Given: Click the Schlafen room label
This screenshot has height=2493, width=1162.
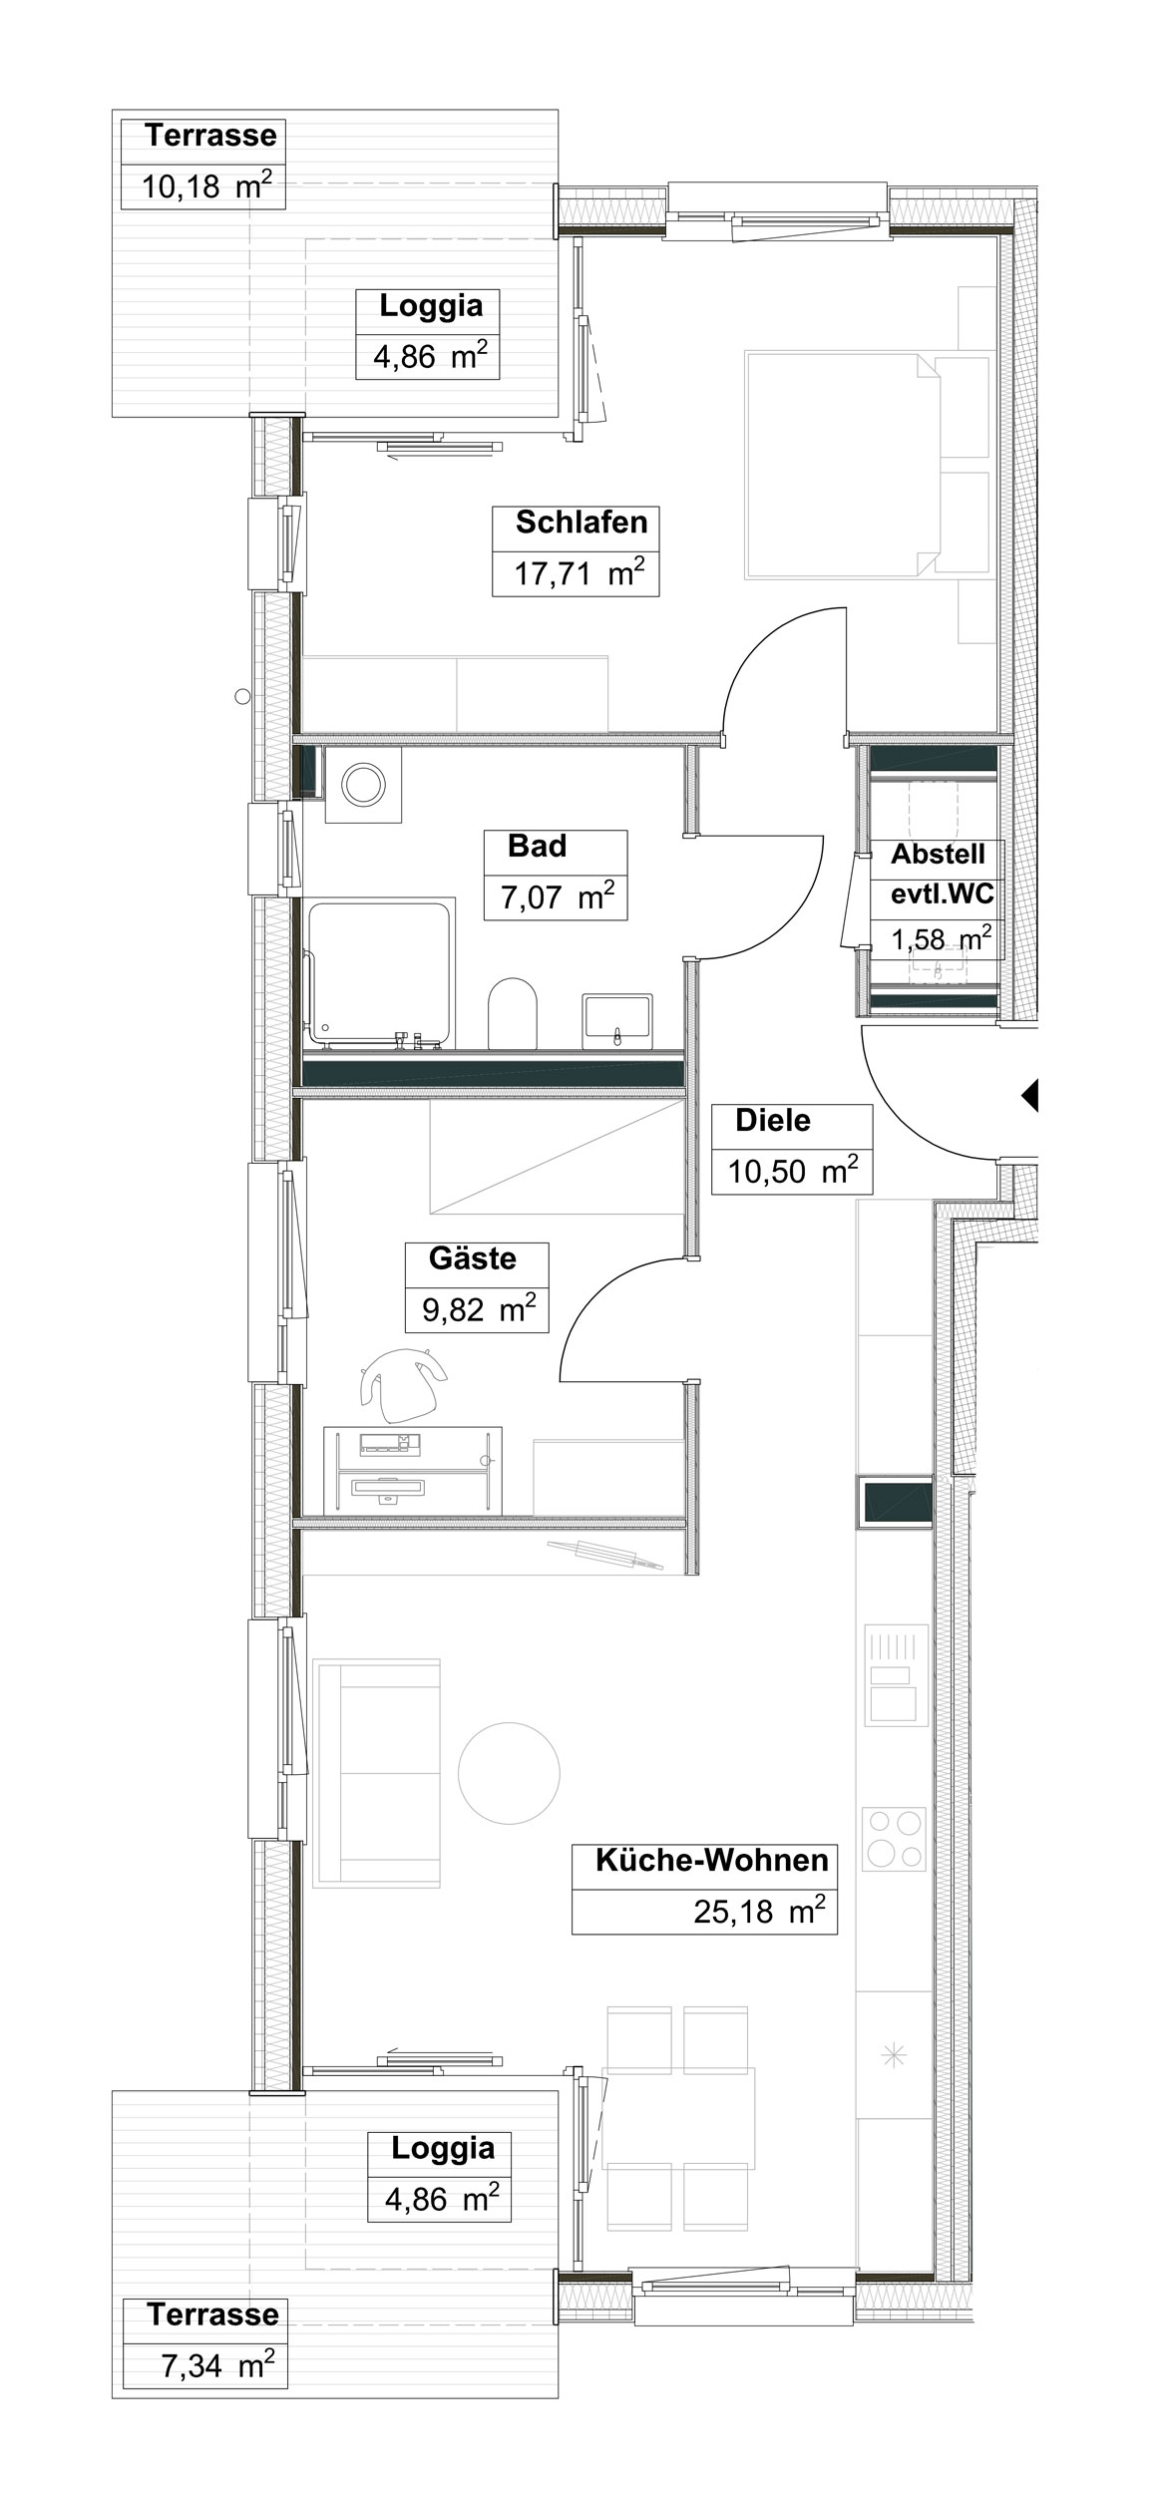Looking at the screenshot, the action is coord(581,522).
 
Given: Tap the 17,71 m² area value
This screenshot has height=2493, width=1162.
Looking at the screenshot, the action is coord(579,572).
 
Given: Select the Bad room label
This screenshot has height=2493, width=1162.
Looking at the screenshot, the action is coord(537,846).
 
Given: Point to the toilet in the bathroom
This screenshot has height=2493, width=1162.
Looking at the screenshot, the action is coord(513,1012).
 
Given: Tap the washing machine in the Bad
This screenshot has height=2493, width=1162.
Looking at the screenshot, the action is coord(363,785).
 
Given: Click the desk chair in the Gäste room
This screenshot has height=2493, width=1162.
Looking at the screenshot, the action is coord(404,1384).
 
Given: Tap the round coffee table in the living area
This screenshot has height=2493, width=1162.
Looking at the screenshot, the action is coord(509,1772).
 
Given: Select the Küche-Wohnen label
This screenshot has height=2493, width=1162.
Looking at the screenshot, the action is coord(712,1860).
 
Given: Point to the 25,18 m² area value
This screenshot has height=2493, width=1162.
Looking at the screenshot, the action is coord(760,1911).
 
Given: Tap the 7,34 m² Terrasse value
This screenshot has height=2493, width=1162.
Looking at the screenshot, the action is coord(217,2365).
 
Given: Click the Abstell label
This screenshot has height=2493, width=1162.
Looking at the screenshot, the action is coord(938,854).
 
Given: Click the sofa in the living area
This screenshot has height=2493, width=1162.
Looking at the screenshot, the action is coord(376,1773).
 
